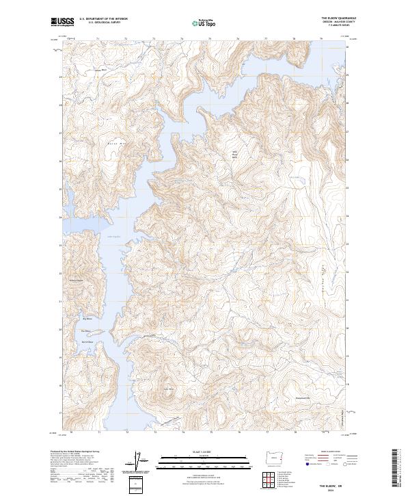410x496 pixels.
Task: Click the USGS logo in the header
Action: pos(63,21)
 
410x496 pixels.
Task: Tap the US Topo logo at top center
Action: pos(201,22)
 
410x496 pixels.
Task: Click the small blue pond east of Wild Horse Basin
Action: pos(295,177)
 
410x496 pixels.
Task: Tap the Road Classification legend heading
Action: pos(324,452)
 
